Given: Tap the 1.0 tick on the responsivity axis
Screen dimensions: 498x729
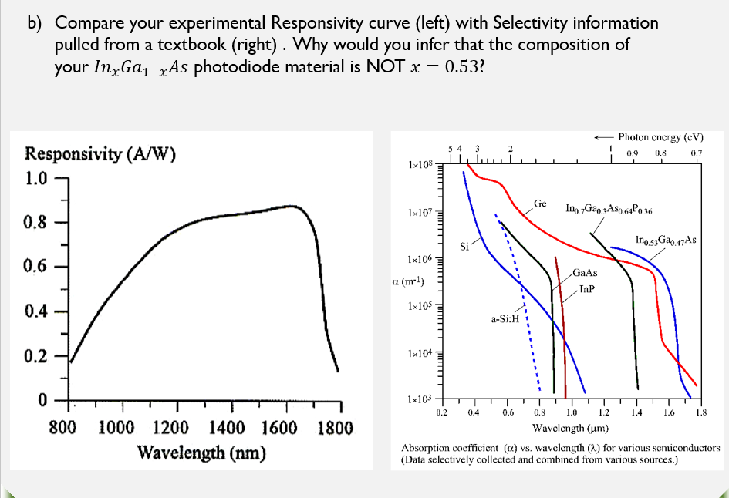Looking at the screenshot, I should pyautogui.click(x=36, y=179).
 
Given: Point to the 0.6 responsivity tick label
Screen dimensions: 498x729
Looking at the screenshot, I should pyautogui.click(x=36, y=267).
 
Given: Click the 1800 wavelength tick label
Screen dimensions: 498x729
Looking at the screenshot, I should pyautogui.click(x=335, y=428).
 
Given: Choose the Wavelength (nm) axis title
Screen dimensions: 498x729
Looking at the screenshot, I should pyautogui.click(x=201, y=452).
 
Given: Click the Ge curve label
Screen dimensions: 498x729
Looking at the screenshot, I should pyautogui.click(x=540, y=204).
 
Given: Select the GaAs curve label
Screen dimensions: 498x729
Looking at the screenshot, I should pyautogui.click(x=586, y=273).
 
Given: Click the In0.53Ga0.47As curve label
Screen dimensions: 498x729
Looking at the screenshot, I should pyautogui.click(x=666, y=241).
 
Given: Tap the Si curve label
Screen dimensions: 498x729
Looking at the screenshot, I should pyautogui.click(x=464, y=247).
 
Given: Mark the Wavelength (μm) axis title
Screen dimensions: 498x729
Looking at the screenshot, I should pyautogui.click(x=571, y=427).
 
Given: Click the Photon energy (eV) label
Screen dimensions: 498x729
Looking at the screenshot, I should pyautogui.click(x=661, y=137).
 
